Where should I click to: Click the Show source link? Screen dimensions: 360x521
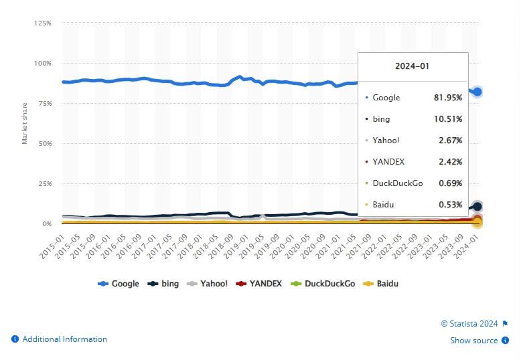tap(473, 341)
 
